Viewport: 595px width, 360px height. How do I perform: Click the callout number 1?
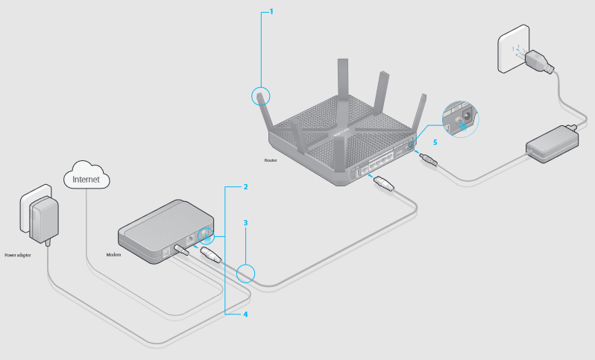(271, 12)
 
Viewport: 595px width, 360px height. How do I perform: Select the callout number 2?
(245, 187)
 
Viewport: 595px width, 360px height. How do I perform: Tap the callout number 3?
(245, 222)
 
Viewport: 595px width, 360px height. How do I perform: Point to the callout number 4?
(245, 315)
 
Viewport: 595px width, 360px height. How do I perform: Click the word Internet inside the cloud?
(86, 179)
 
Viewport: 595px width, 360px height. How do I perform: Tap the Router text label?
(271, 160)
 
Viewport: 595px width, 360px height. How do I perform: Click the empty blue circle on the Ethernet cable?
(246, 274)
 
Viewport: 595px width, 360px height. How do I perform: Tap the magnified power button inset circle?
(458, 118)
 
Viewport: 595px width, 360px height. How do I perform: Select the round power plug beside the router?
(429, 159)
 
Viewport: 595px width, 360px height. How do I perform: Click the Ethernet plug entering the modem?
(210, 256)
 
